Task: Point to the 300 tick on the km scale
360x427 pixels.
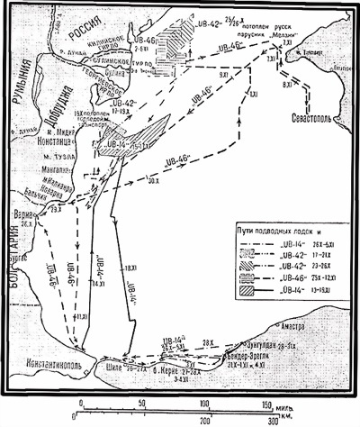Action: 272,421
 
